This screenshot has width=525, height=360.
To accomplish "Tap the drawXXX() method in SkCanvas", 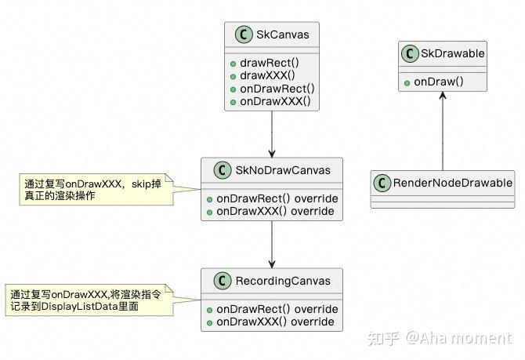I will (x=266, y=76).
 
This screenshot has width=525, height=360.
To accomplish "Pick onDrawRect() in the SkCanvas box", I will (x=277, y=89).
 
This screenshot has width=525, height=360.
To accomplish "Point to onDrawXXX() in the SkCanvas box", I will (x=275, y=101).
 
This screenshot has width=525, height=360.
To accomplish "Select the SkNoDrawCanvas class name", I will (x=284, y=170).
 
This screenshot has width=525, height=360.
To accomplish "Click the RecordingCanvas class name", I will (x=284, y=281).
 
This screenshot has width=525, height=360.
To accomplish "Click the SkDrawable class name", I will (x=453, y=53).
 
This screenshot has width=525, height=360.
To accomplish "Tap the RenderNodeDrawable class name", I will (x=452, y=183).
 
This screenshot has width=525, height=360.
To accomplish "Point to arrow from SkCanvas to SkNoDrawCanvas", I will (x=271, y=133).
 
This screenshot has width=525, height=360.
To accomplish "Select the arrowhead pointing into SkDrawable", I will (x=443, y=96).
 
